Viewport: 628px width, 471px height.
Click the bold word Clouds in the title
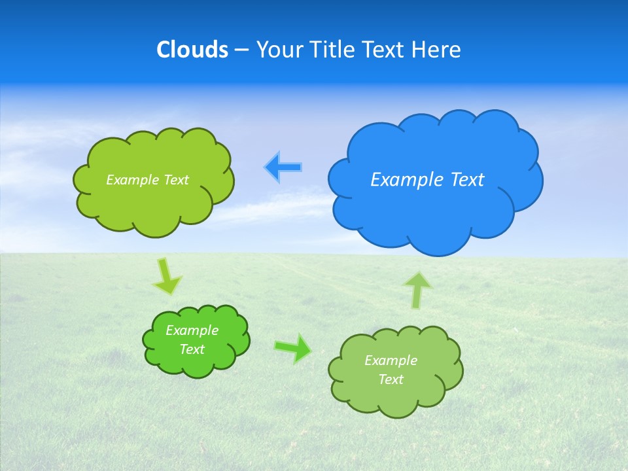point(192,50)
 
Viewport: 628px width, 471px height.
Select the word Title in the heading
point(333,50)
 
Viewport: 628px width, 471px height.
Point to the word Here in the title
point(436,50)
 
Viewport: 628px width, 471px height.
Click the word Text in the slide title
point(384,50)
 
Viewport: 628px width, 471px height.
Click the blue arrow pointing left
point(283,167)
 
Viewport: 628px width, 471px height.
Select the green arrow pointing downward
point(166,276)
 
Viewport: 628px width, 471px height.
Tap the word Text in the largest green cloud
point(176,180)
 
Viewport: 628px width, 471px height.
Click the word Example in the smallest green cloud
point(192,330)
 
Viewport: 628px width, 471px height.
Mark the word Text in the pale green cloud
point(391,379)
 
